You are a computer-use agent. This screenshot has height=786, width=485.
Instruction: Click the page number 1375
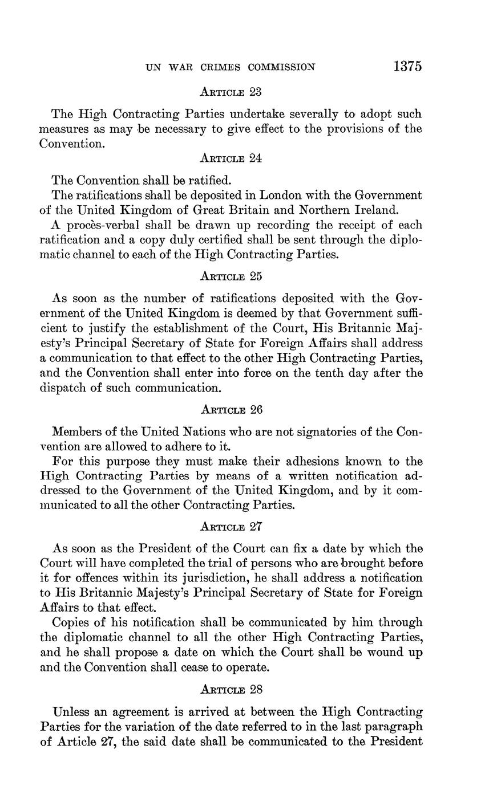(x=407, y=67)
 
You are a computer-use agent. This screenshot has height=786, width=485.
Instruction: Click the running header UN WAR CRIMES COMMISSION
(x=231, y=67)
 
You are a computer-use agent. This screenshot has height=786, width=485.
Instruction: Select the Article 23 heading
(x=231, y=92)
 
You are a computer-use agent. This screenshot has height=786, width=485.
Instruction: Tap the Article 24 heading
(x=231, y=158)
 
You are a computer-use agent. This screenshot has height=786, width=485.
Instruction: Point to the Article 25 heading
(x=231, y=276)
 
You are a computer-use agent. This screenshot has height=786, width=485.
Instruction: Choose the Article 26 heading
(x=231, y=410)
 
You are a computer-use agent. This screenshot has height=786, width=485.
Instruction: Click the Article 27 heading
(x=231, y=528)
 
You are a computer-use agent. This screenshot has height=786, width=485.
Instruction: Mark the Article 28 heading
(x=231, y=690)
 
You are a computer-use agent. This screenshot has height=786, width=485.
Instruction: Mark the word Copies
(x=70, y=623)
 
